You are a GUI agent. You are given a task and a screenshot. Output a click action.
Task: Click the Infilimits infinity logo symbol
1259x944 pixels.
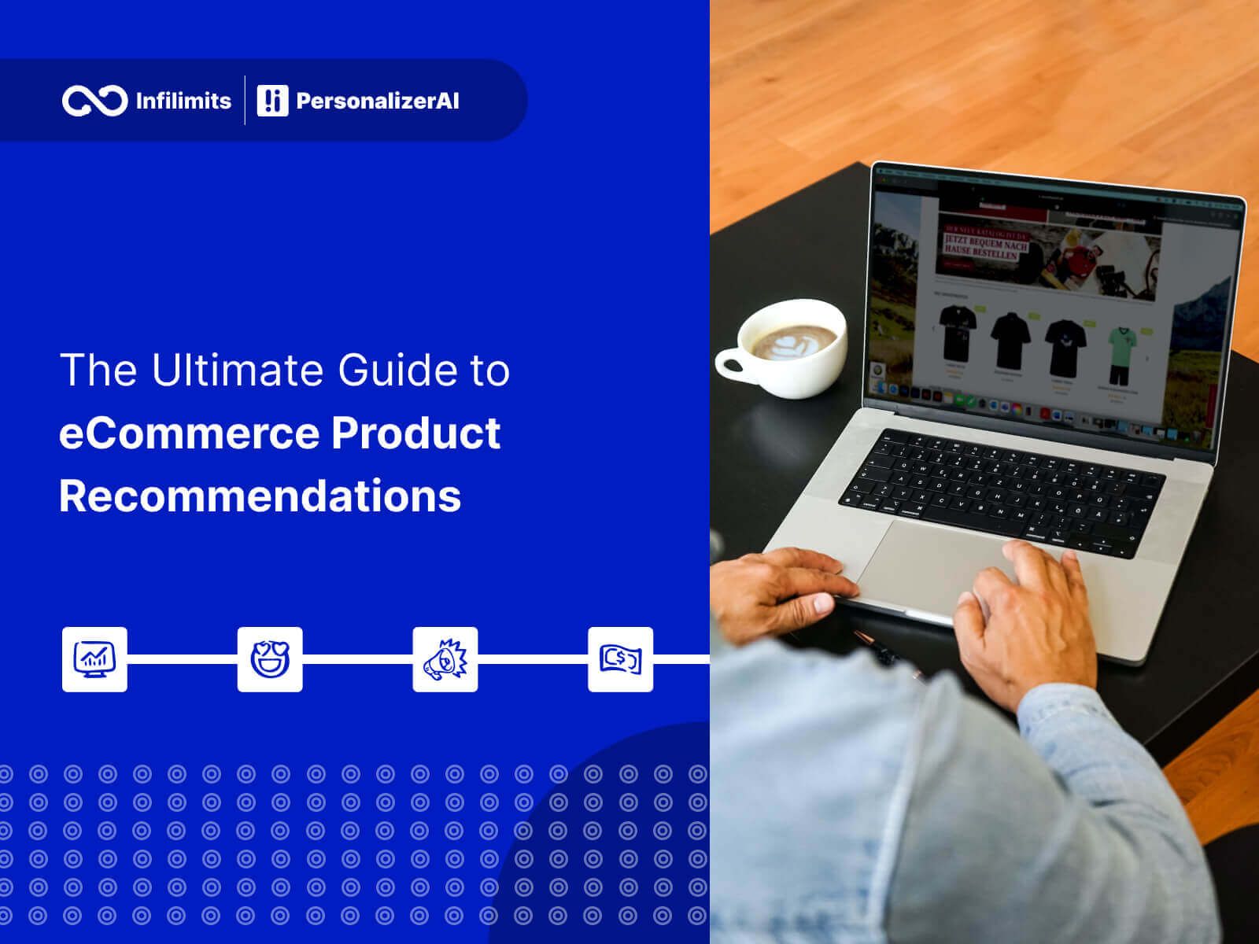[94, 101]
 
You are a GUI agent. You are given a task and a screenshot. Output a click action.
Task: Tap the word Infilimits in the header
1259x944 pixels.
[183, 101]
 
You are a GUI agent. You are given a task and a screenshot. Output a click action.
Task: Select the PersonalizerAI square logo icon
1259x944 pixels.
[272, 101]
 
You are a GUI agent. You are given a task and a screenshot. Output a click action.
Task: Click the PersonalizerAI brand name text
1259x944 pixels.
[377, 101]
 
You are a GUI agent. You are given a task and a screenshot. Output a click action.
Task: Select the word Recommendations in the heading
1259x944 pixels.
[260, 496]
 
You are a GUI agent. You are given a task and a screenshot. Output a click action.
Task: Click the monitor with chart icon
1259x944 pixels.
[94, 659]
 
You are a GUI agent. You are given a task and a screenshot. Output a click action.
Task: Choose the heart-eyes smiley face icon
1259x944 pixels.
[270, 659]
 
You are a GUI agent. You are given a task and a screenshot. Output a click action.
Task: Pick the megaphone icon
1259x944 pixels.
[445, 659]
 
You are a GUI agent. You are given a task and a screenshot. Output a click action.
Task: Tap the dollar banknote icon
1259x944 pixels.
[621, 659]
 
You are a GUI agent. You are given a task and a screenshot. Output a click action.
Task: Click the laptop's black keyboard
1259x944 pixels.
[999, 492]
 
